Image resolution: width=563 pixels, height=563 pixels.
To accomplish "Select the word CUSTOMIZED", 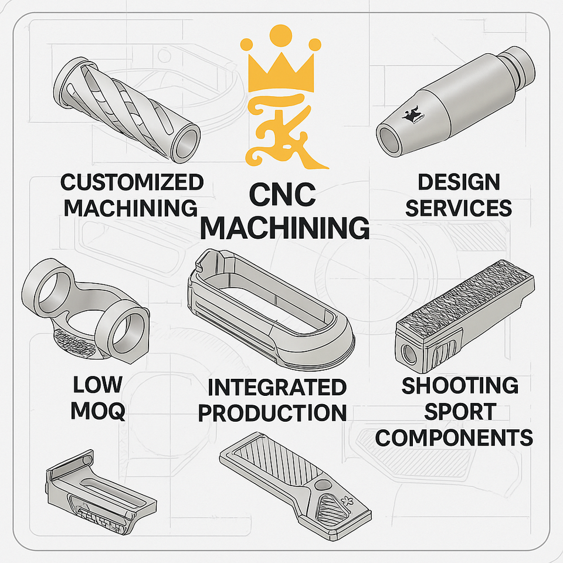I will point(132,182).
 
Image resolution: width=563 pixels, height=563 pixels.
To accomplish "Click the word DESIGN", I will point(459,182).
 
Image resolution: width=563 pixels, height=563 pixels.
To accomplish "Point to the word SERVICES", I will point(459,208).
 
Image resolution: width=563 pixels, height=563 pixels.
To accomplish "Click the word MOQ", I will point(98,411).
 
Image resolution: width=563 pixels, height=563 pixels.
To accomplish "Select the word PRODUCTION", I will point(273,413).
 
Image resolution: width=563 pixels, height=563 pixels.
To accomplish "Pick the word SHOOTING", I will point(460,386).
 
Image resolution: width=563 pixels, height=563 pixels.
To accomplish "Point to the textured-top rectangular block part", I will point(466,310).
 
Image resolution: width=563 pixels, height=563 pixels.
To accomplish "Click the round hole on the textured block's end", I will point(407,351).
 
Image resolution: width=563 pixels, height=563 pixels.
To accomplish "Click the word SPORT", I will point(460,412).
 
